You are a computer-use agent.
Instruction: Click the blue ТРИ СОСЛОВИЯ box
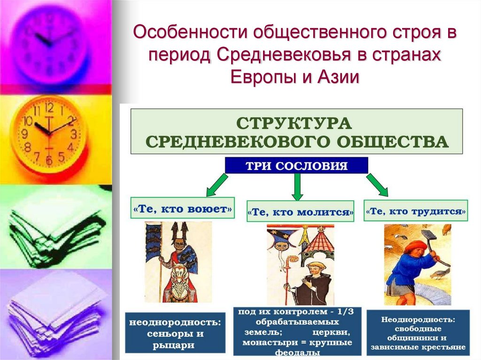[x=296, y=166]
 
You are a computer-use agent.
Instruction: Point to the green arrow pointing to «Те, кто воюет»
[x=217, y=185]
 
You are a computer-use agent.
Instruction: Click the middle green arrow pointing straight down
[x=296, y=186]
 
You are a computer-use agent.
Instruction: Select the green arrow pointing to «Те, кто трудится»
[x=377, y=184]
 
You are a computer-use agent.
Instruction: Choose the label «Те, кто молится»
[x=301, y=212]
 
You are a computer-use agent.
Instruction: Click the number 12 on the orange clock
[x=49, y=107]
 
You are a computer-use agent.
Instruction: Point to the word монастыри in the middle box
[x=262, y=342]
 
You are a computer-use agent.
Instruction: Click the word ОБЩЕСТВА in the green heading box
[x=390, y=141]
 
